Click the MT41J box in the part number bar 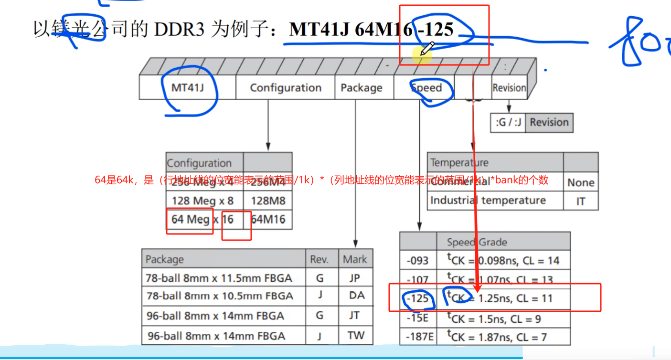[188, 88]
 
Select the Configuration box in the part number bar [285, 88]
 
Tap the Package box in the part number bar [362, 88]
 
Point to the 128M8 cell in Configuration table [268, 201]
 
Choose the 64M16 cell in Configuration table [268, 220]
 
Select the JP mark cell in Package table [355, 278]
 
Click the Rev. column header [320, 259]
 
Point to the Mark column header [355, 259]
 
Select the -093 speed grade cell [418, 261]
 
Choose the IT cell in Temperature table [580, 201]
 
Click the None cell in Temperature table [580, 182]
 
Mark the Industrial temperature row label [488, 201]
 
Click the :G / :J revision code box [508, 123]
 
